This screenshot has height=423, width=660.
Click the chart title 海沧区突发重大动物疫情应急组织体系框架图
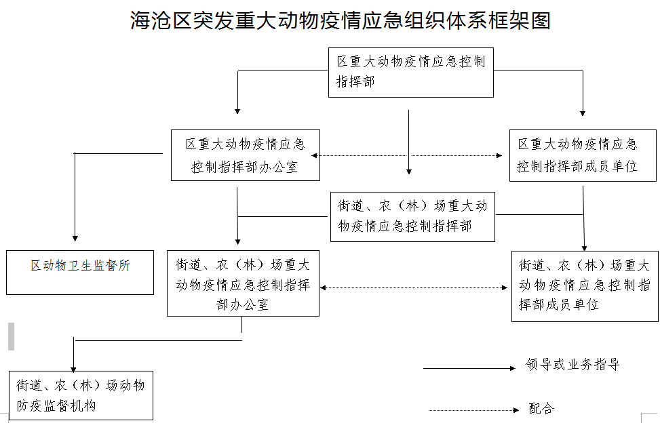point(340,20)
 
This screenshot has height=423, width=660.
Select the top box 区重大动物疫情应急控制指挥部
point(411,73)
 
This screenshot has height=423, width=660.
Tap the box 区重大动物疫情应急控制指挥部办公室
point(246,155)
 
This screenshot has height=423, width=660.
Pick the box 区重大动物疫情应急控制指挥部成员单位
point(583,156)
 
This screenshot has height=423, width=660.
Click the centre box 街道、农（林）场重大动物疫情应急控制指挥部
point(412,216)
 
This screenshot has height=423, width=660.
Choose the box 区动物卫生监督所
point(80,273)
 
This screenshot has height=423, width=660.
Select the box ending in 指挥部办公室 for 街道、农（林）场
point(243,283)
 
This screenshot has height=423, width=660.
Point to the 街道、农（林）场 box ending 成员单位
point(585,286)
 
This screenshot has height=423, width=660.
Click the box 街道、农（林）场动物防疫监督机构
point(81,395)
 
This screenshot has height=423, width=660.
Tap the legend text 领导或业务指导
point(572,364)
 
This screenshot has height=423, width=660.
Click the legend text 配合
point(541,408)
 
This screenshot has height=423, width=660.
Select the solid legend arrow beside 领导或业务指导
point(469,368)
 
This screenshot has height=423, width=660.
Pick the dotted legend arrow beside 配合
point(473,410)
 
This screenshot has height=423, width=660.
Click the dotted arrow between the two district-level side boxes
point(406,156)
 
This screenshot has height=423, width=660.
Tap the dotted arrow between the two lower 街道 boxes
point(414,287)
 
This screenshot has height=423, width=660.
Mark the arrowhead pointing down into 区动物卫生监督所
point(75,239)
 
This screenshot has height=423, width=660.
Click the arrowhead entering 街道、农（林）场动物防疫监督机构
point(73,369)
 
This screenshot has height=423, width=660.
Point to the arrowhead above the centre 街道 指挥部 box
point(409,172)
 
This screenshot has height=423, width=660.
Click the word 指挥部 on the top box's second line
point(355,81)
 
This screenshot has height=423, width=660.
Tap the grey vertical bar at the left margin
point(12,336)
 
